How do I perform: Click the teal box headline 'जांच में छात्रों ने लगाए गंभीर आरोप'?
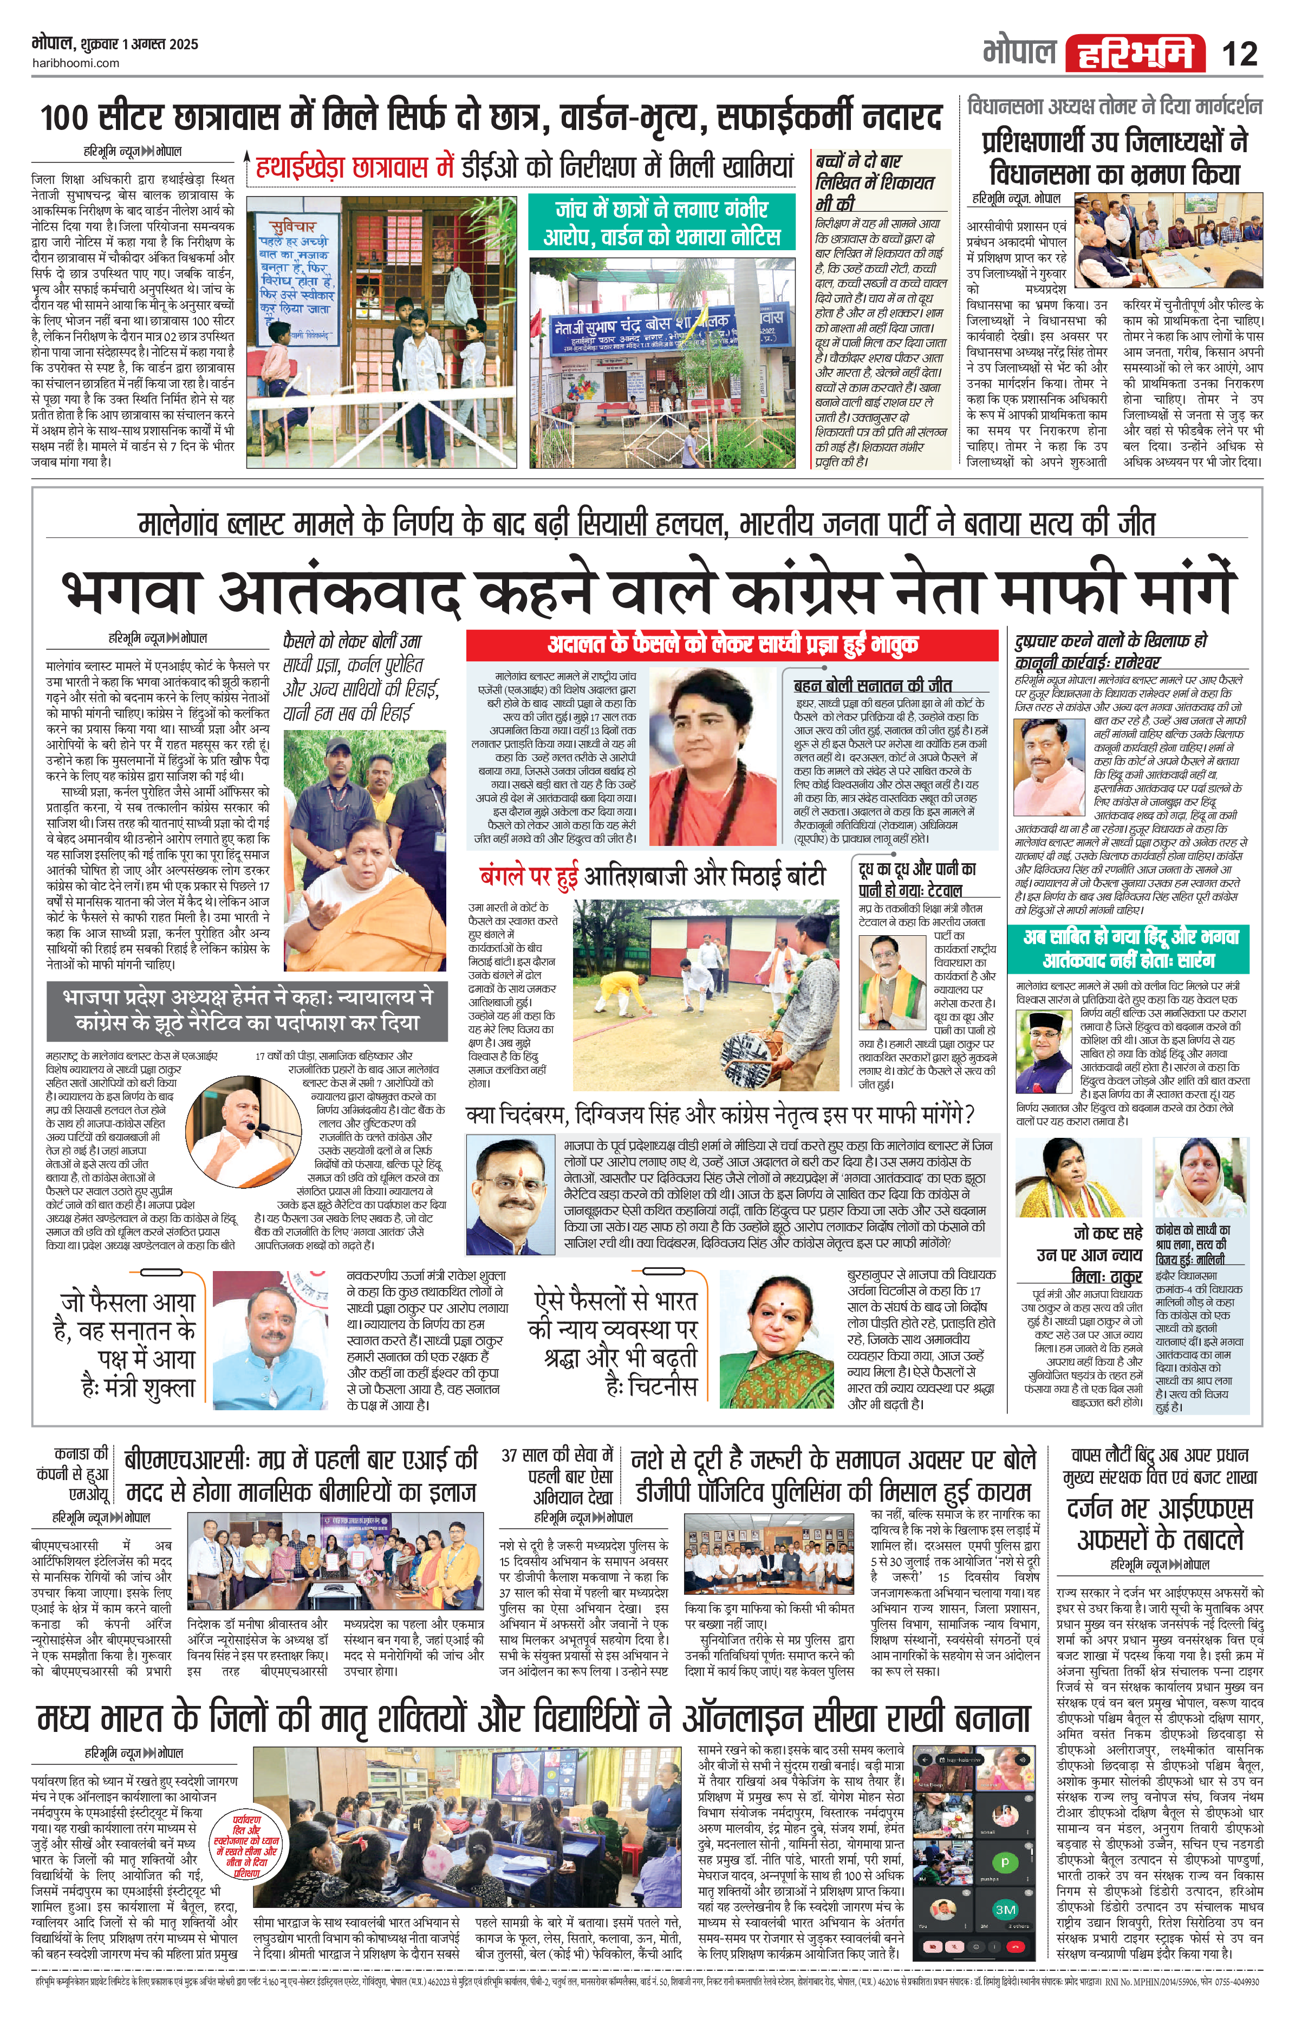click(x=661, y=222)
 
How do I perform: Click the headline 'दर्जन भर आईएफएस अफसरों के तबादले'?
click(x=1160, y=1523)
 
